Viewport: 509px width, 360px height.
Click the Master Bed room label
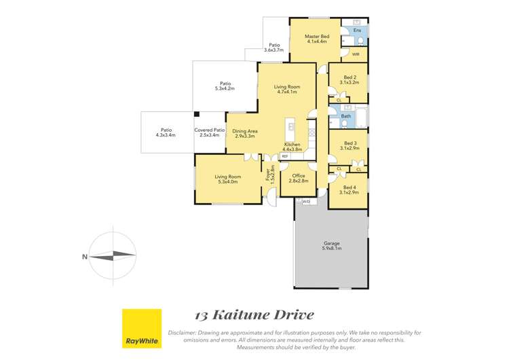[x=316, y=39]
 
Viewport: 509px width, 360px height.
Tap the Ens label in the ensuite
[x=358, y=31]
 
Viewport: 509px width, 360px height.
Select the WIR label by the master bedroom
[x=356, y=54]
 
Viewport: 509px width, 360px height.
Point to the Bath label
[x=346, y=116]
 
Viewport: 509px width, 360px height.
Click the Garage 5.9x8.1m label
[x=331, y=246]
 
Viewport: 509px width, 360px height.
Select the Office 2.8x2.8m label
[x=299, y=178]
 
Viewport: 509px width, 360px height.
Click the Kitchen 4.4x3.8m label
[x=292, y=147]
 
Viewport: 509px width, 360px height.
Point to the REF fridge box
[x=284, y=156]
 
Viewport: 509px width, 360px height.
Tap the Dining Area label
[x=244, y=133]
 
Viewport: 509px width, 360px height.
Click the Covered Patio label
[x=209, y=132]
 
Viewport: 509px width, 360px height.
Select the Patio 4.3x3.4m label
[x=166, y=132]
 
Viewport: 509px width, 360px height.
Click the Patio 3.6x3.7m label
[x=274, y=48]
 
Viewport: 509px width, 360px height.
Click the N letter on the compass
[x=84, y=256]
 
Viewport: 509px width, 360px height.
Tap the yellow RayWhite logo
[x=142, y=328]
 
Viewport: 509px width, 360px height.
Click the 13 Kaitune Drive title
[x=254, y=314]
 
